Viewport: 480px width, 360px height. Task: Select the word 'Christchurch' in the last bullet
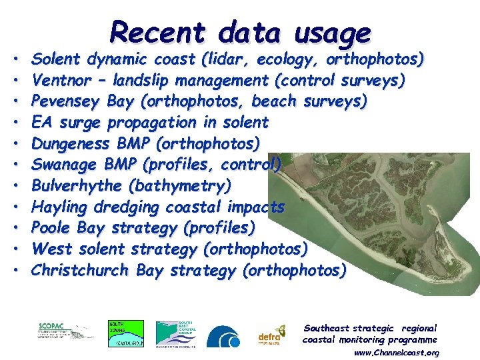pos(81,270)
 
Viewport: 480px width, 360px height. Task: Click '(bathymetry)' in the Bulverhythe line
pos(180,185)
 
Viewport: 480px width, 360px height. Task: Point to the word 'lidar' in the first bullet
pos(227,59)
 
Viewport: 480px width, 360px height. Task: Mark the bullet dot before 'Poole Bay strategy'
pos(14,228)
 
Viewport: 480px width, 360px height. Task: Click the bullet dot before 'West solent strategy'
pos(14,249)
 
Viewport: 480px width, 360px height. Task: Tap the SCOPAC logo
pos(65,332)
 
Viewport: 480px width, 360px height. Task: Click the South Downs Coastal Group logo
pos(126,333)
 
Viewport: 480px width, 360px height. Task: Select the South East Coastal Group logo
pos(175,333)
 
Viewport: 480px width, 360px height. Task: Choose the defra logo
pos(271,335)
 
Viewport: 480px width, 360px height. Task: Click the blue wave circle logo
pos(223,337)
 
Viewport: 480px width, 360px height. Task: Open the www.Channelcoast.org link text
pos(396,352)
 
